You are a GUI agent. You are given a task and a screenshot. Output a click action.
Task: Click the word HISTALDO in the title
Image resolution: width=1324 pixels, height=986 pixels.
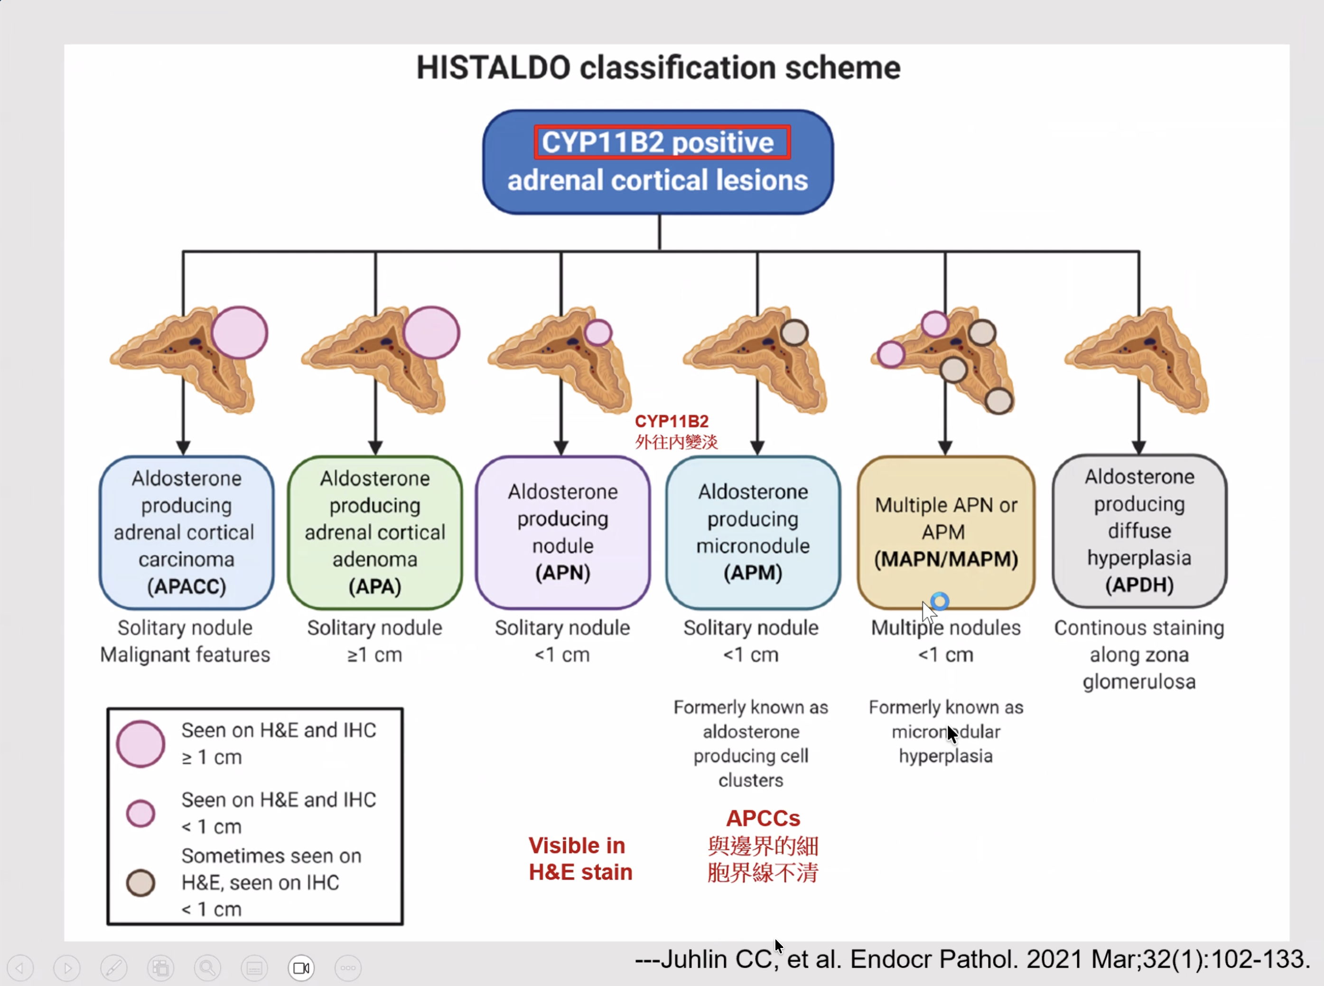(493, 67)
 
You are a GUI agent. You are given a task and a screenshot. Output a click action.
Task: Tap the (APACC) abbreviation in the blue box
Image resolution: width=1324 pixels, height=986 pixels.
(186, 586)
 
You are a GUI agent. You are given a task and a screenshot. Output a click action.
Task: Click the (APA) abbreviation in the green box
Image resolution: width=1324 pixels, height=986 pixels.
(375, 586)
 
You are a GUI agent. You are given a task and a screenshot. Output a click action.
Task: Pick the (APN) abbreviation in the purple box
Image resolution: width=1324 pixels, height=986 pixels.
(562, 572)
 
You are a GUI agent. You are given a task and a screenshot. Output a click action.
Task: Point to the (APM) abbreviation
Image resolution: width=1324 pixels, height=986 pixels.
(753, 572)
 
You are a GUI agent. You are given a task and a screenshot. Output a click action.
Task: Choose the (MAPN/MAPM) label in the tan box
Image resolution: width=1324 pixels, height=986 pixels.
(946, 559)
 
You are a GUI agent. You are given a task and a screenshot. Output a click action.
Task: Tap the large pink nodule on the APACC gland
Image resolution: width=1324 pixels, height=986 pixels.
(239, 332)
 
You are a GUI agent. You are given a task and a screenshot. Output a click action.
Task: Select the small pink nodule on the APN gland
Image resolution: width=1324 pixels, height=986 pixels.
(598, 332)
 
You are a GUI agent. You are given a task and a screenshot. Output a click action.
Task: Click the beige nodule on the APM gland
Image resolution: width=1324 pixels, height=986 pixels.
(794, 332)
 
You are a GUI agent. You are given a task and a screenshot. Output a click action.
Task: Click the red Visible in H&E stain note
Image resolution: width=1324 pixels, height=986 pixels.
(580, 859)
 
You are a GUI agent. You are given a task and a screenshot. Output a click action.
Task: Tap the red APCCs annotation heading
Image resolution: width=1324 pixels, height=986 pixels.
(763, 818)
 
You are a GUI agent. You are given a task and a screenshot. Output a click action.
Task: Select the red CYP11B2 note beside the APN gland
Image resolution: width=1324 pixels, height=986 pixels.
(671, 421)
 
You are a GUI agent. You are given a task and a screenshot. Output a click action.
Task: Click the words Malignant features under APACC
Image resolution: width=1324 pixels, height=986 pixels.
(185, 655)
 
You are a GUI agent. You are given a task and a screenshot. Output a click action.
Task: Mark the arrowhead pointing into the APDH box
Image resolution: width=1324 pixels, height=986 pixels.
(1138, 447)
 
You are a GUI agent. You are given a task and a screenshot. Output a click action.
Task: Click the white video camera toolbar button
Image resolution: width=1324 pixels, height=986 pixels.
(301, 968)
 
